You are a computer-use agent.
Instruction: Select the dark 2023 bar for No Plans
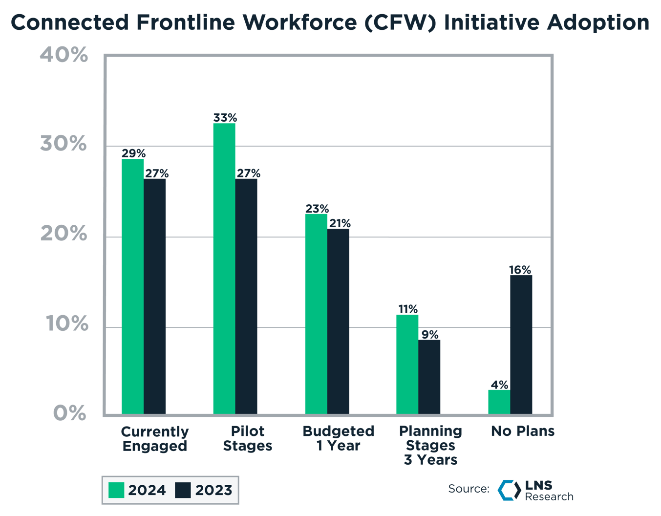(521, 344)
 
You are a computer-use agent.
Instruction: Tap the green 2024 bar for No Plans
(499, 402)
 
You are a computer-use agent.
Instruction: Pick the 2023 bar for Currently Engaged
(154, 296)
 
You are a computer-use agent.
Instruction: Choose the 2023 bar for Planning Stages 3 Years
(429, 377)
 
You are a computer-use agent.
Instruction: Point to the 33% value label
(225, 118)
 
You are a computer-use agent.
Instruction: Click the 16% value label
(520, 270)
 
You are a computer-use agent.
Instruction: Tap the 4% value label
(500, 385)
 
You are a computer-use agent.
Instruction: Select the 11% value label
(407, 309)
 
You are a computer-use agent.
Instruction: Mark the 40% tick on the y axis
(64, 55)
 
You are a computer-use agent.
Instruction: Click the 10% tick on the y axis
(67, 323)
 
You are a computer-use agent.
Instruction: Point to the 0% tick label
(69, 413)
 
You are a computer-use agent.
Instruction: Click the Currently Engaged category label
(154, 439)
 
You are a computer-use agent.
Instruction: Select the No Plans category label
(522, 431)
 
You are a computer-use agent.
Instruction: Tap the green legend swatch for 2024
(116, 490)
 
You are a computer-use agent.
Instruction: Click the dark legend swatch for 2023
(183, 490)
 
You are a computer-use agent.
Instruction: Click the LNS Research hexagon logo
(509, 490)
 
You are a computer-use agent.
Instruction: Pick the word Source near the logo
(468, 489)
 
